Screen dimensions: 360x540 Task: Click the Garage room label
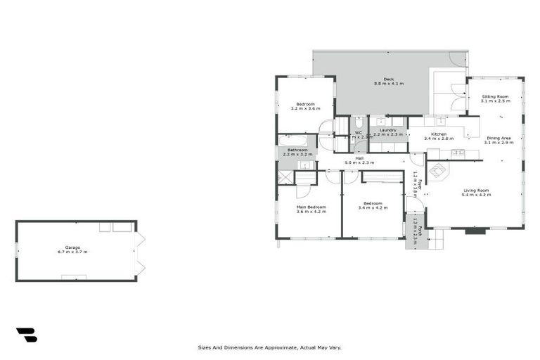point(72,247)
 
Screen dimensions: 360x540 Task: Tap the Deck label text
point(388,79)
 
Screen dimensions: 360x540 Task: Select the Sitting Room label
point(495,96)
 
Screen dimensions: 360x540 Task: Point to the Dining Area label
point(499,138)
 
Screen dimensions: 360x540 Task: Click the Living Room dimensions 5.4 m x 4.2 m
point(476,195)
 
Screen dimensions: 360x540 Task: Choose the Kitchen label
point(439,134)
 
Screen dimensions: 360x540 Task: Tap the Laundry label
point(388,129)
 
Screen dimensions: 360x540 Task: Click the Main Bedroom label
point(311,207)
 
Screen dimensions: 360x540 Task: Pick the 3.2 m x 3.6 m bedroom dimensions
point(305,109)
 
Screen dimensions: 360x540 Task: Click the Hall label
point(359,158)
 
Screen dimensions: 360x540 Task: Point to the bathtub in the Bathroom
point(292,140)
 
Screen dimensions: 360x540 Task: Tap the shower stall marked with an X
point(286,176)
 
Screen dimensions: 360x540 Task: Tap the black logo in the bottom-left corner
point(26,335)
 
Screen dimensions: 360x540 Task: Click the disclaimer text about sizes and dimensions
point(270,347)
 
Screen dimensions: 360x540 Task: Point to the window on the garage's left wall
point(17,250)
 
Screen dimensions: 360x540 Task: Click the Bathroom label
point(296,149)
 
